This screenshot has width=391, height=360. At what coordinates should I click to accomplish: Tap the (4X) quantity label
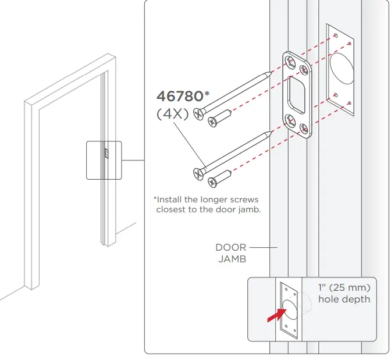[x=173, y=114]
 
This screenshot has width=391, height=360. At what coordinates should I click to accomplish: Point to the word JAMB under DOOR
[x=232, y=259]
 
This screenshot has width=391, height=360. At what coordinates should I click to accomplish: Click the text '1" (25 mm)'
[x=344, y=287]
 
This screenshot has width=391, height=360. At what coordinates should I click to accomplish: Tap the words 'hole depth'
[x=344, y=299]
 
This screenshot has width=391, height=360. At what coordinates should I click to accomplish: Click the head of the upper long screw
[x=200, y=114]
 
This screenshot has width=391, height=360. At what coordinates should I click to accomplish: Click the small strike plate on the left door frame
[x=106, y=154]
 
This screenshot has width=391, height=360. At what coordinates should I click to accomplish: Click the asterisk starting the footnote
[x=155, y=199]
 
